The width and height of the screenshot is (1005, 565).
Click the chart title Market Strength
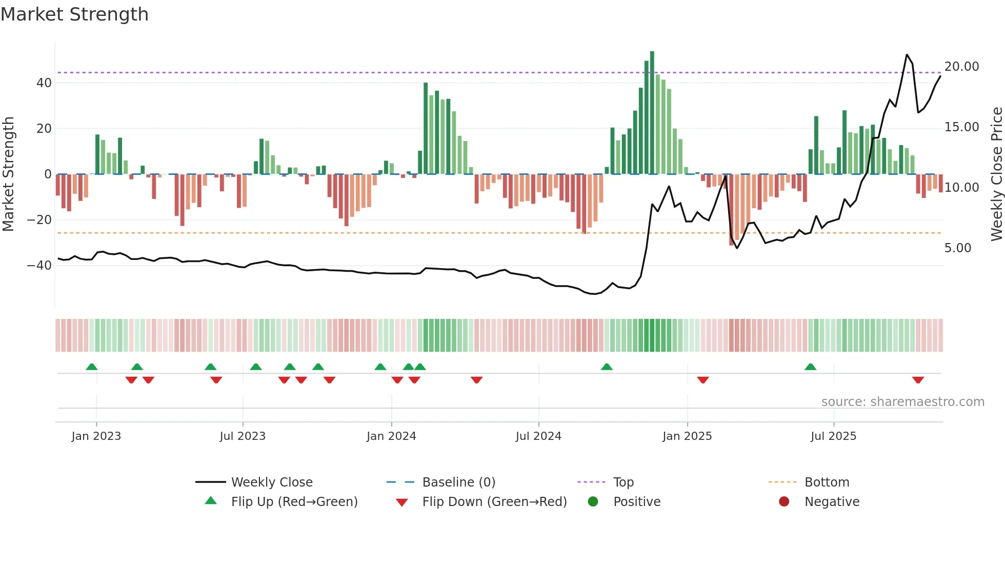tap(74, 14)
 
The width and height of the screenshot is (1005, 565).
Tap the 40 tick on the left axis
tap(44, 83)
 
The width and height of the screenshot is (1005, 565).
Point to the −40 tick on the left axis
tap(39, 266)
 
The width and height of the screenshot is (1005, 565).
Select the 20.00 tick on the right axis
tap(961, 67)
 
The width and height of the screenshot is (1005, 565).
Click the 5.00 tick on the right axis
tap(957, 248)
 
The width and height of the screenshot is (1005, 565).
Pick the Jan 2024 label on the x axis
tap(391, 436)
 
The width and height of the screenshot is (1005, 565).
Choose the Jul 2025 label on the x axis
tap(833, 436)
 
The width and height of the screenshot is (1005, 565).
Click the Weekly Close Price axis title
tap(996, 174)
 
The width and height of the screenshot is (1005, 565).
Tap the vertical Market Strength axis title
tap(8, 174)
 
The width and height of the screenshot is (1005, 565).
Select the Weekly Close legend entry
tap(271, 482)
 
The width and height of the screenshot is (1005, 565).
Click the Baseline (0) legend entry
tap(458, 482)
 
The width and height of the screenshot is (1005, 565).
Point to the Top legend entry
tap(623, 482)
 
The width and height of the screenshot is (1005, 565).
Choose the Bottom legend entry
tap(827, 482)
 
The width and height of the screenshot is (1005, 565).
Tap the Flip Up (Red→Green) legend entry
tap(294, 502)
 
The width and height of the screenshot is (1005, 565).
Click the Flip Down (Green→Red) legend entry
tap(494, 502)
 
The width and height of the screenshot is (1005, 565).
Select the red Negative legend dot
tap(784, 502)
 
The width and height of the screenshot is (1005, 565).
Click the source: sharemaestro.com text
tap(902, 402)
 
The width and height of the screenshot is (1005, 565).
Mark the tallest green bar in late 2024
tap(652, 113)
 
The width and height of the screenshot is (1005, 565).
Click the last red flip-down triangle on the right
tap(918, 380)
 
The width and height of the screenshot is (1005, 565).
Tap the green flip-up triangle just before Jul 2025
tap(811, 367)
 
